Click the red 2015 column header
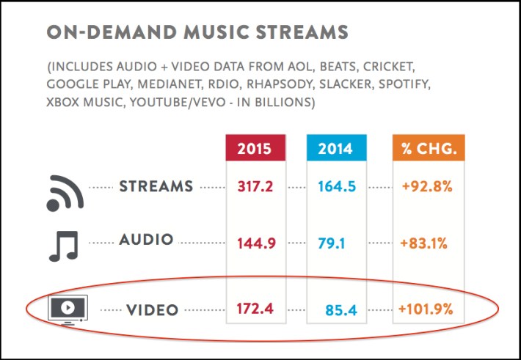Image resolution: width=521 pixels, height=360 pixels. [x=255, y=150]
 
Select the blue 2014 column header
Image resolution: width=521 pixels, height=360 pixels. [x=337, y=150]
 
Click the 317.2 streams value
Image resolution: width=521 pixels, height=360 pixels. [x=255, y=187]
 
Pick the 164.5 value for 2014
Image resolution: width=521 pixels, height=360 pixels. [x=337, y=187]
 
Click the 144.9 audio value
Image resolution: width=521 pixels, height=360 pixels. [x=255, y=242]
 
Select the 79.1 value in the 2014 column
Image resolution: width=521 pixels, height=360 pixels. [x=337, y=242]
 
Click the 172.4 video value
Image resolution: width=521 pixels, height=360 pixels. [x=255, y=309]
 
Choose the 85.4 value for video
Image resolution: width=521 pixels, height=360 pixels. [x=340, y=311]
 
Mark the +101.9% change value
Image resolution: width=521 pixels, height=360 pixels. [x=426, y=309]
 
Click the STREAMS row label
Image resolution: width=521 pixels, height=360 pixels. [x=156, y=186]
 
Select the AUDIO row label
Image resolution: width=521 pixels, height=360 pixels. [x=146, y=240]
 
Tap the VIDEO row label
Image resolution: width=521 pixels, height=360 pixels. [x=152, y=310]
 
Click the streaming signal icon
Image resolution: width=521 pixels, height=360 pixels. [x=65, y=192]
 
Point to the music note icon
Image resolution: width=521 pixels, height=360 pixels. [x=63, y=245]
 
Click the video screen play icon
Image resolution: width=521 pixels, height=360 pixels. [x=67, y=308]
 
